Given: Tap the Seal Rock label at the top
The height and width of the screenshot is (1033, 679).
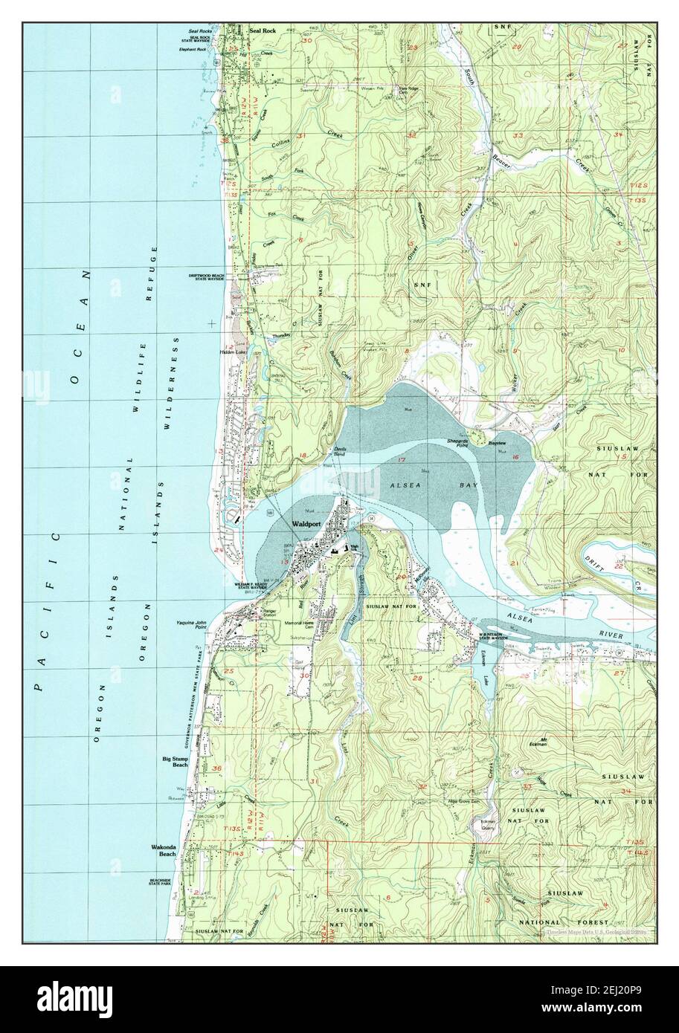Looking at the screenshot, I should tap(263, 31).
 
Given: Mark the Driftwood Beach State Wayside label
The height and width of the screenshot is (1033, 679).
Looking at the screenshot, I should tap(208, 277).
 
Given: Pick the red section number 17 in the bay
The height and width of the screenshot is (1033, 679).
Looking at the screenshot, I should tap(401, 462).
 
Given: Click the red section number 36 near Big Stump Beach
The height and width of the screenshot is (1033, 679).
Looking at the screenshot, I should tap(217, 768).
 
